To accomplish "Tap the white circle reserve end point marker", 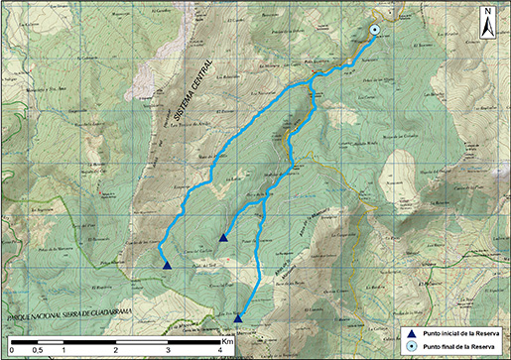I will pyautogui.click(x=375, y=31).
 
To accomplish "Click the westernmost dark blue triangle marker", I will pyautogui.click(x=167, y=264).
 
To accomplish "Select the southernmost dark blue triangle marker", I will pyautogui.click(x=238, y=316).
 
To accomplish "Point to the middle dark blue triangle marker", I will pyautogui.click(x=223, y=238).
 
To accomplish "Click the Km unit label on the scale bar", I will pyautogui.click(x=227, y=340).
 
